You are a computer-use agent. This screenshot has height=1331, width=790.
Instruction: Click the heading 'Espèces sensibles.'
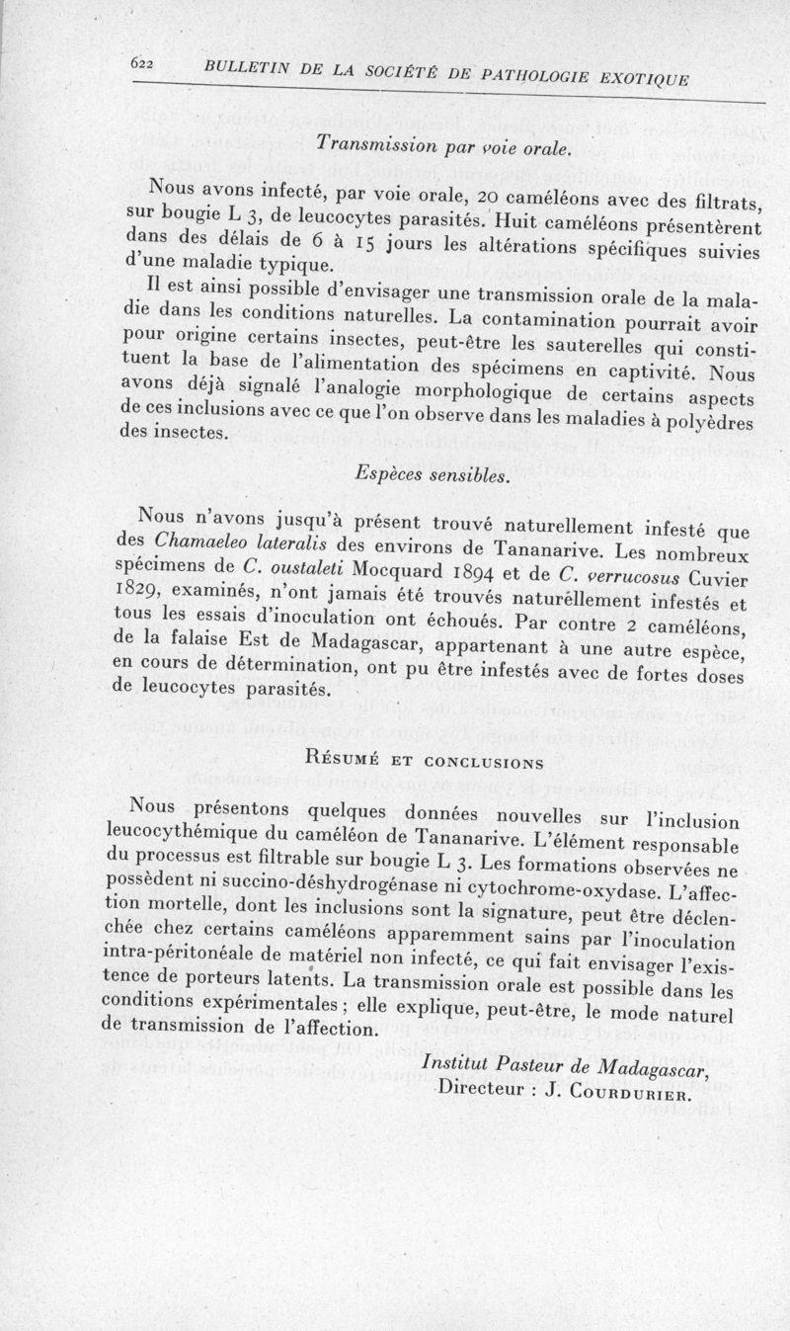click(x=432, y=475)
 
